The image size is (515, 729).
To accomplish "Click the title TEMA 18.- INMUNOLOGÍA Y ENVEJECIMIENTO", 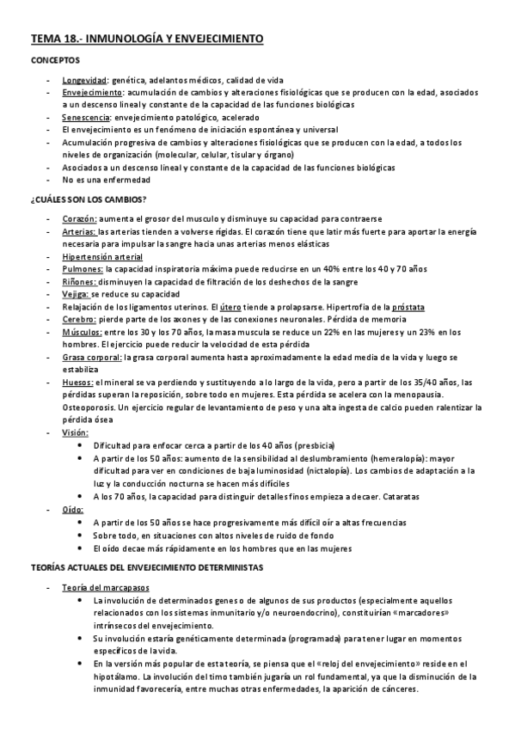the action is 147,40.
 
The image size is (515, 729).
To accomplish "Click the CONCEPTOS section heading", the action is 56,61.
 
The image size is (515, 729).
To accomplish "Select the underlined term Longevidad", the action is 84,79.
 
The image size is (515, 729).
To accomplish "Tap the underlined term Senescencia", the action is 86,117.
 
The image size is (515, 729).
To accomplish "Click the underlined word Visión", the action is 76,432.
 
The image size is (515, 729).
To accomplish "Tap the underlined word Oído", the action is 74,509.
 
